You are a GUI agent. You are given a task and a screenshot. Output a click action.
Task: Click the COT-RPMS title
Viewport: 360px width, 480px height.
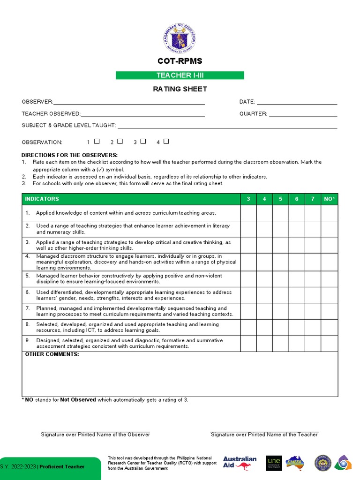point(180,61)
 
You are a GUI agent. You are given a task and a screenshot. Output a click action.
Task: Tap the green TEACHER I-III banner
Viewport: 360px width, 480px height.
point(180,75)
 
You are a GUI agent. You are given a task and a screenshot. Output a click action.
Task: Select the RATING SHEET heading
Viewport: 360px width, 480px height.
point(180,89)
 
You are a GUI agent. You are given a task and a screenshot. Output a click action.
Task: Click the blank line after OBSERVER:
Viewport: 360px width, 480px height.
point(129,102)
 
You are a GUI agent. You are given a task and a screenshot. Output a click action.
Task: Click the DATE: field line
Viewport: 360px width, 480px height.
point(297,102)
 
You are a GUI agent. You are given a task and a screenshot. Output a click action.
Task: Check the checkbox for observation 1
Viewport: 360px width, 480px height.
point(97,141)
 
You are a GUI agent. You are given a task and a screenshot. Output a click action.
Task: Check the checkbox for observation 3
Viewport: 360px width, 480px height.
point(143,141)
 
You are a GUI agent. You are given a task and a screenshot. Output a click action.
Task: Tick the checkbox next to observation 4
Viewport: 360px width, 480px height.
point(166,141)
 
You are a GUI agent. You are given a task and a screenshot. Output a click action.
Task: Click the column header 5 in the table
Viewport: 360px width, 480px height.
point(280,199)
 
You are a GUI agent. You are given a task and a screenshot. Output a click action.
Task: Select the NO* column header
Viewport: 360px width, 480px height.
point(330,199)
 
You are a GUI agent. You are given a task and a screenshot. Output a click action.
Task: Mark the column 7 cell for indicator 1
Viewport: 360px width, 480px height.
point(313,213)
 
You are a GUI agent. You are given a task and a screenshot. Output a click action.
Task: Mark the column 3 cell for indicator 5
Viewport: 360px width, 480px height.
point(248,279)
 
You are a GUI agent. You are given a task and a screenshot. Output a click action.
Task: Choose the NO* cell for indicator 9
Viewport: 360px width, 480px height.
point(330,344)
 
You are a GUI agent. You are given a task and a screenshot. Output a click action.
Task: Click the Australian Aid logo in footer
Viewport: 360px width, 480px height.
point(240,463)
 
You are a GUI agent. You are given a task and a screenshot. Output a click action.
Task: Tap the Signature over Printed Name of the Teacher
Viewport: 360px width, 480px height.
point(264,435)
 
